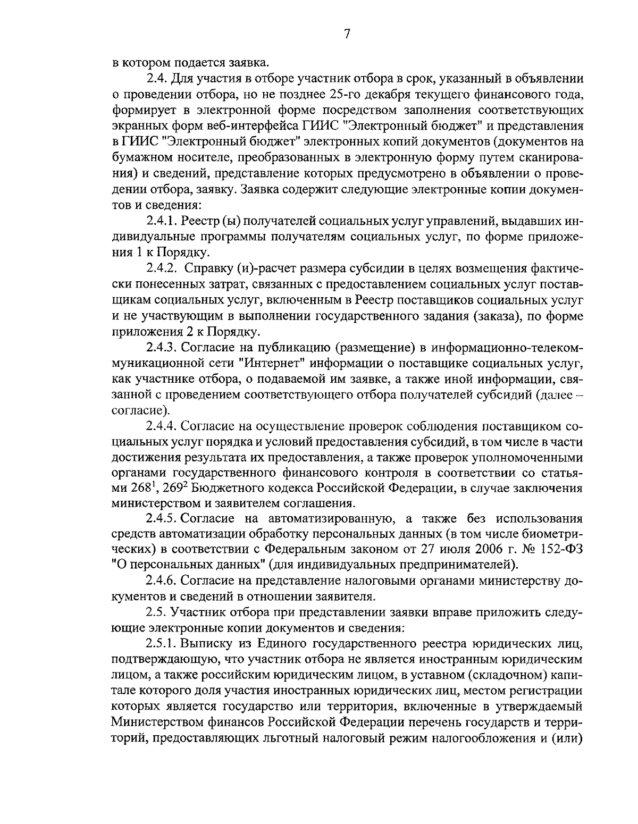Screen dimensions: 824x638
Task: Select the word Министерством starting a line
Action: [x=159, y=722]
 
